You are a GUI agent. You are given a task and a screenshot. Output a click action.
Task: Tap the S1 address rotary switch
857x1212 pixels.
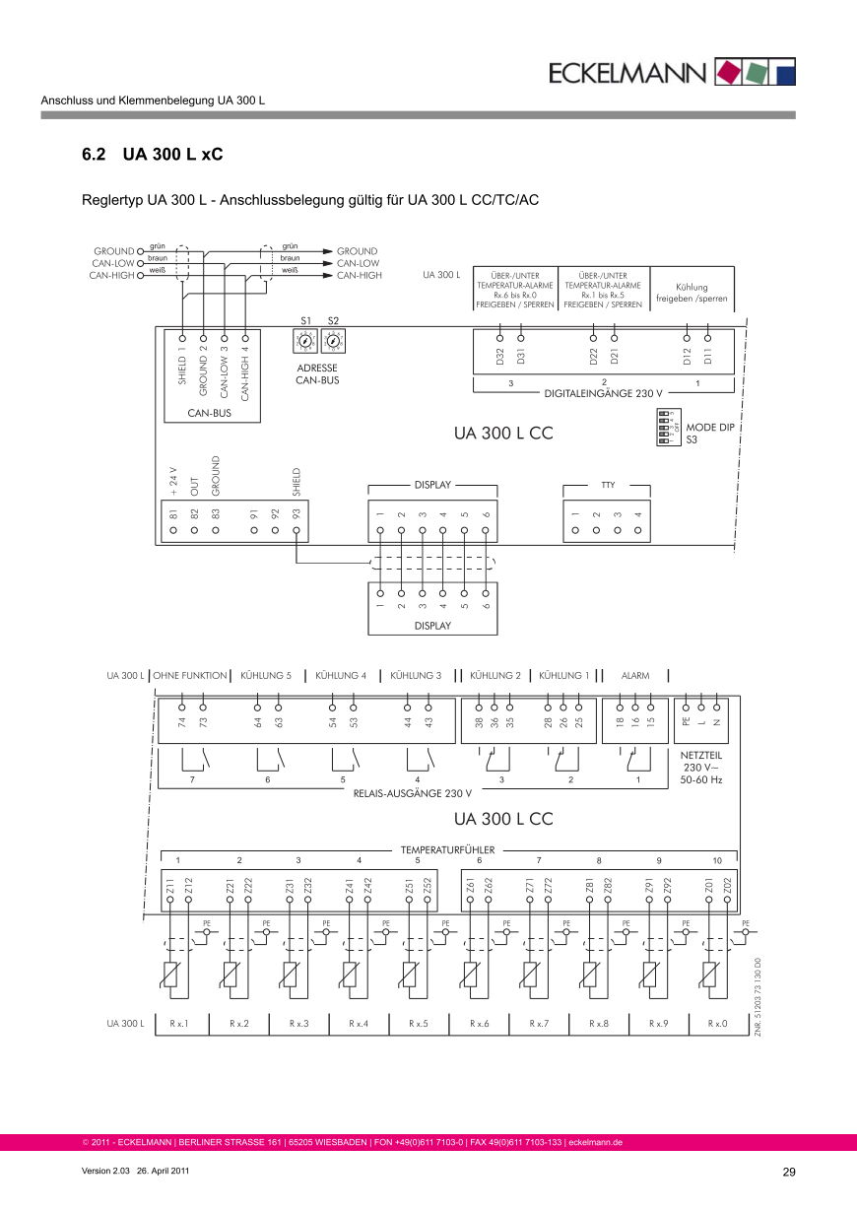click(304, 341)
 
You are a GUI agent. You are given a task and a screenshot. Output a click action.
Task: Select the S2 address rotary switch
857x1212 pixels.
click(333, 341)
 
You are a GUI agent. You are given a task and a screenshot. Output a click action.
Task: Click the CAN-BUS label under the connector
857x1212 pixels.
click(209, 413)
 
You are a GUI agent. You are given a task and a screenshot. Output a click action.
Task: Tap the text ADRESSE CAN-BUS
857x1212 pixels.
click(317, 373)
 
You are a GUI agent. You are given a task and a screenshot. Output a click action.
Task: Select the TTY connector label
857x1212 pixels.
click(608, 485)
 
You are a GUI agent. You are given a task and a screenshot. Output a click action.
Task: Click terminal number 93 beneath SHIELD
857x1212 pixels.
click(297, 513)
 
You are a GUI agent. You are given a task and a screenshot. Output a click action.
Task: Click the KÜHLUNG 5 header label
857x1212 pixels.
click(266, 676)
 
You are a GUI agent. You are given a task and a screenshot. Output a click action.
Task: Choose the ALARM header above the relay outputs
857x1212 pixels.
click(635, 676)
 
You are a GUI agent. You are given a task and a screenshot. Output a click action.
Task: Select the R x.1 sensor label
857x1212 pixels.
click(178, 1024)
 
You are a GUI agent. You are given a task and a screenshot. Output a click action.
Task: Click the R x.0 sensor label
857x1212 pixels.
click(717, 1024)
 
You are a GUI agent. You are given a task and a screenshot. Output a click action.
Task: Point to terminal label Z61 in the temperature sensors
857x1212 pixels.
click(471, 886)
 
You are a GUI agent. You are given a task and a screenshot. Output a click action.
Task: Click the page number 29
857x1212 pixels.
click(788, 1172)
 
